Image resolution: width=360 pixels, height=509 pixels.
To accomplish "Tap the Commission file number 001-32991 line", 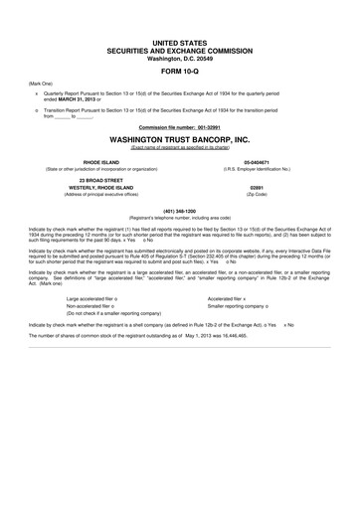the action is click(x=180, y=128).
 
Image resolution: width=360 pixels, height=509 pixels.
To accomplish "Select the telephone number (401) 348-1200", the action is click(x=180, y=210).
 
